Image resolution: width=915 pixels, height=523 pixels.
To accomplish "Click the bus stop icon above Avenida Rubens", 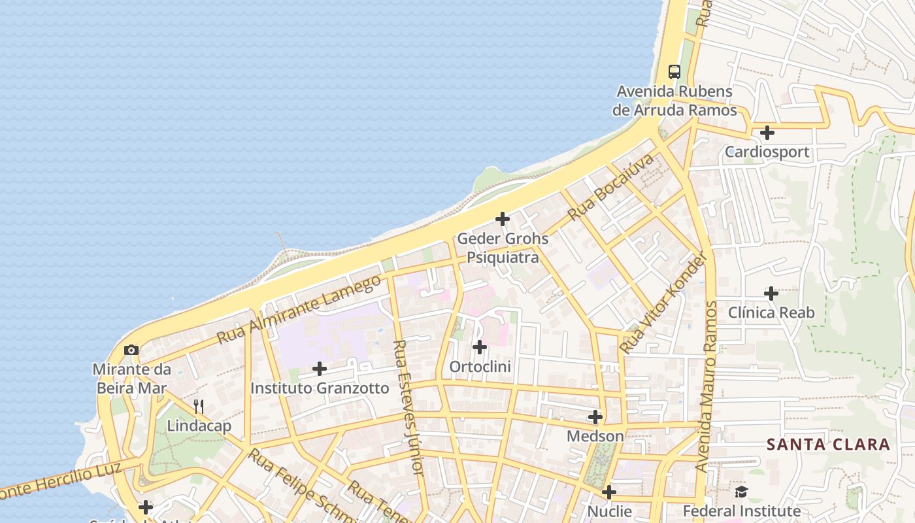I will pos(674,72).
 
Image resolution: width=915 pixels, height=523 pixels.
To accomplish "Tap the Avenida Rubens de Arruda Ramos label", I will pos(674,101).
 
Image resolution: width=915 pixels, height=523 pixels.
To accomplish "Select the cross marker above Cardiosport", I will pos(767,133).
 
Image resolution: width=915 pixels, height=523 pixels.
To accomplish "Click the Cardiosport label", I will pos(767,152).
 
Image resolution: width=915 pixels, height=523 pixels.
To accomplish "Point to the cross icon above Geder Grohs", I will pos(503,219).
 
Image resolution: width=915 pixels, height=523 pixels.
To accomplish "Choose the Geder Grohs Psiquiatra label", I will pos(503,248).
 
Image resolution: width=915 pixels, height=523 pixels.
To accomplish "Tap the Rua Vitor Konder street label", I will pos(664,303).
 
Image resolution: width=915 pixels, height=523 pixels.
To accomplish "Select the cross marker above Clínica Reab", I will pos(771,294).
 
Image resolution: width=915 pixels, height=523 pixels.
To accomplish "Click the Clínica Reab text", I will pos(771,312).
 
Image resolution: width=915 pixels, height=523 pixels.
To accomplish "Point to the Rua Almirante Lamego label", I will pos(299,310).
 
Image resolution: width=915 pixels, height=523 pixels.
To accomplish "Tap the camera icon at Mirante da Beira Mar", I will pos(131,350).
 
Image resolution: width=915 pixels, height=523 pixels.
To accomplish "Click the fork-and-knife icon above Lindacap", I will pos(199,407).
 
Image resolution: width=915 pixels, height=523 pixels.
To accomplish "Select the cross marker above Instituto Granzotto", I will pos(320,369).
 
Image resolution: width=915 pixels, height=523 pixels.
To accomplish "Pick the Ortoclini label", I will pos(480,367).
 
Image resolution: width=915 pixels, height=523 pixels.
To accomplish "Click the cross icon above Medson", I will pos(595,416).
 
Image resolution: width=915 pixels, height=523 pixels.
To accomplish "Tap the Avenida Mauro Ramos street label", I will pos(707,386).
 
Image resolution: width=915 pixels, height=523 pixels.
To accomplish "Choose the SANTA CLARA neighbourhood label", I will pos(828,445).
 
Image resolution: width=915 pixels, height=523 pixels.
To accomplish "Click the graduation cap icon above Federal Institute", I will pos(741,492).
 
